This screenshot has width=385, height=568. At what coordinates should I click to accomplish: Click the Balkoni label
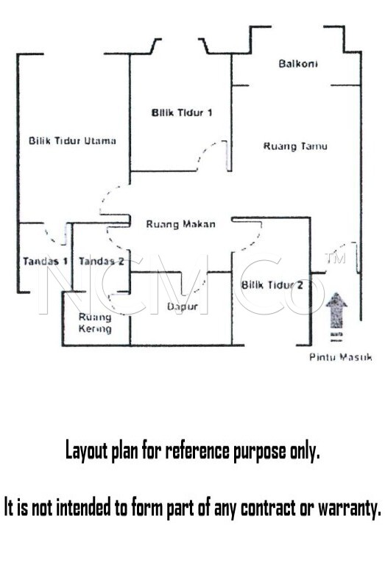[x=298, y=64]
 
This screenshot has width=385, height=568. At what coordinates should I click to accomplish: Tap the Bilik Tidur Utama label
[x=73, y=140]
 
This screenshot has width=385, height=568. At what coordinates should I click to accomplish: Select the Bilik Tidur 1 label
[x=182, y=112]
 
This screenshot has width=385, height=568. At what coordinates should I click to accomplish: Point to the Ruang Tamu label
[x=295, y=146]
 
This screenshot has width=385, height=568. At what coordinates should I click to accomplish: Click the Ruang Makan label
[x=180, y=224]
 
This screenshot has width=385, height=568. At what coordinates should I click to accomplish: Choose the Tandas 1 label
[x=46, y=261]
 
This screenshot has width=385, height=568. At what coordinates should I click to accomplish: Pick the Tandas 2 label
[x=102, y=261]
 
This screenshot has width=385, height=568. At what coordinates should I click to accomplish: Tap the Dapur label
[x=183, y=307]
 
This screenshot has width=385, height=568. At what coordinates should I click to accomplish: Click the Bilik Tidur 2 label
[x=272, y=285]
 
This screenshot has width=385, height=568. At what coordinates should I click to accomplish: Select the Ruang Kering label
[x=95, y=323]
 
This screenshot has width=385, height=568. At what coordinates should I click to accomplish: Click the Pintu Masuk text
[x=340, y=357]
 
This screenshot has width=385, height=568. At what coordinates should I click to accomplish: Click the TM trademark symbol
[x=336, y=258]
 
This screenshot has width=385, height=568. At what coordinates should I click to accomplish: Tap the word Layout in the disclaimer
[x=87, y=451]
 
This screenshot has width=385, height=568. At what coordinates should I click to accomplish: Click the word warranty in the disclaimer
[x=350, y=508]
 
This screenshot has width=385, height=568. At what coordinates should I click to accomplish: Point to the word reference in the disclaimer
[x=197, y=450]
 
